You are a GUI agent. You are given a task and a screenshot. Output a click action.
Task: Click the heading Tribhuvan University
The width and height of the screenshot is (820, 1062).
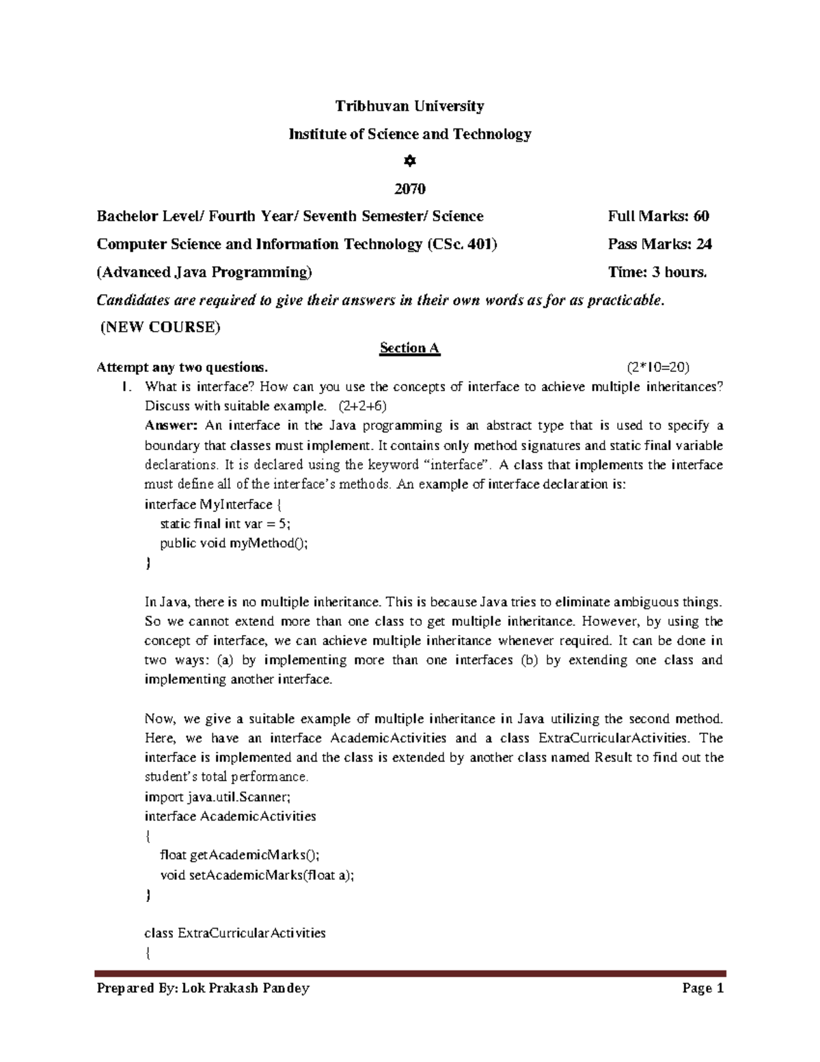[x=409, y=106]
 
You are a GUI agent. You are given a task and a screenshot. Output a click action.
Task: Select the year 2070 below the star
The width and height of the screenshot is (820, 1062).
[x=409, y=189]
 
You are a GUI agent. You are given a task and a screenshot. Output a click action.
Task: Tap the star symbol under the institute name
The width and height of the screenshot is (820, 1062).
[x=409, y=161]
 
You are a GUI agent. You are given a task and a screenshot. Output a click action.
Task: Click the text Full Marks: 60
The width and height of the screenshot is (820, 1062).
[x=658, y=217]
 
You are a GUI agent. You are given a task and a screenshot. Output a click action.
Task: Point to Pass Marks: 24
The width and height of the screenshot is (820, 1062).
[x=659, y=244]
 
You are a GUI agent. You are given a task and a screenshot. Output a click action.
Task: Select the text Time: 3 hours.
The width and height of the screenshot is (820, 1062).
[x=657, y=272]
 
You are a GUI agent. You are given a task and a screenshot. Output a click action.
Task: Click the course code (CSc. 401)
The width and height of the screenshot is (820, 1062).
[x=462, y=244]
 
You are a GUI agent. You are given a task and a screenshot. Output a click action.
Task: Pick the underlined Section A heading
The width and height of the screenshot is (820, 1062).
[x=409, y=348]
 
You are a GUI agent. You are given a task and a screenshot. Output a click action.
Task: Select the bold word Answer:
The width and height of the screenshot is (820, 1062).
[x=171, y=426]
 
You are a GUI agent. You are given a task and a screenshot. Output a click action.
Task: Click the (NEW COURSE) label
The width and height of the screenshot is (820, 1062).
[x=161, y=328]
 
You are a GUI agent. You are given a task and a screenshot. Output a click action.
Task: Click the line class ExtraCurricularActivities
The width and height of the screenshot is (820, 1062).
[x=235, y=933]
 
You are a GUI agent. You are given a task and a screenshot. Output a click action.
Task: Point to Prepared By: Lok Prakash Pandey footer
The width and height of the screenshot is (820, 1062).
[x=203, y=988]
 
